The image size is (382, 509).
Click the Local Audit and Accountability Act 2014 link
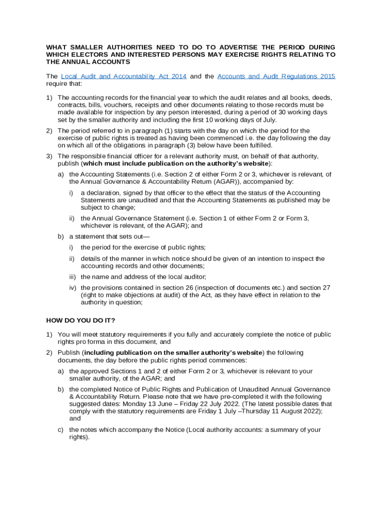pyautogui.click(x=124, y=76)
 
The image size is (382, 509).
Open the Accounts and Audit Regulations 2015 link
pyautogui.click(x=276, y=76)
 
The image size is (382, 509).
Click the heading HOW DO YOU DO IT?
pyautogui.click(x=80, y=320)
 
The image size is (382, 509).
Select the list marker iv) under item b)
pyautogui.click(x=73, y=288)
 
